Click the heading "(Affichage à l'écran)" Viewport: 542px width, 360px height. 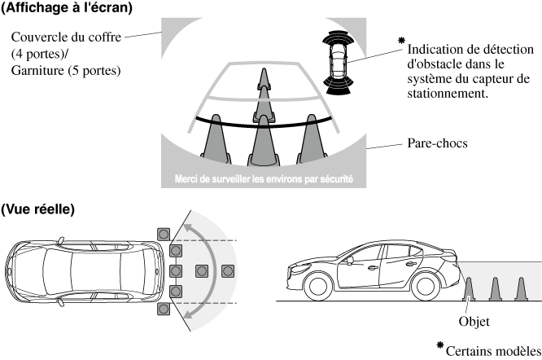[67, 7]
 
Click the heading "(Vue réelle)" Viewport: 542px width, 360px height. [37, 209]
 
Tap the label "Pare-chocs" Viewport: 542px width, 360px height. [437, 143]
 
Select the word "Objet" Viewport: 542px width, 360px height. [474, 321]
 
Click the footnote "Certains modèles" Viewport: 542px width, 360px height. [493, 351]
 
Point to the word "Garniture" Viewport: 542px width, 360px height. [37, 70]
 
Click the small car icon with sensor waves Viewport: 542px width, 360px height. [339, 63]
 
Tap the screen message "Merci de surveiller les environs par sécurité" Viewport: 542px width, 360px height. [264, 179]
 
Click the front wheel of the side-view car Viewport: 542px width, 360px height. [318, 285]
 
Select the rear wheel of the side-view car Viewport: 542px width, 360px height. [425, 285]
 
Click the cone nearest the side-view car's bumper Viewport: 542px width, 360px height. [469, 289]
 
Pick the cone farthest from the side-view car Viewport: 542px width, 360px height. [521, 289]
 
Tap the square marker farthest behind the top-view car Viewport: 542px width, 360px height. [228, 271]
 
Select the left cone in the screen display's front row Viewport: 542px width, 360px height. [216, 139]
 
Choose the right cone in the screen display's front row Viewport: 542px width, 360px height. [312, 139]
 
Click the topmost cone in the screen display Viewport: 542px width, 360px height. [264, 79]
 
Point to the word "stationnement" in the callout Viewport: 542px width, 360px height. [448, 94]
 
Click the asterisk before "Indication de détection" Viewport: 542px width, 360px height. [401, 41]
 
